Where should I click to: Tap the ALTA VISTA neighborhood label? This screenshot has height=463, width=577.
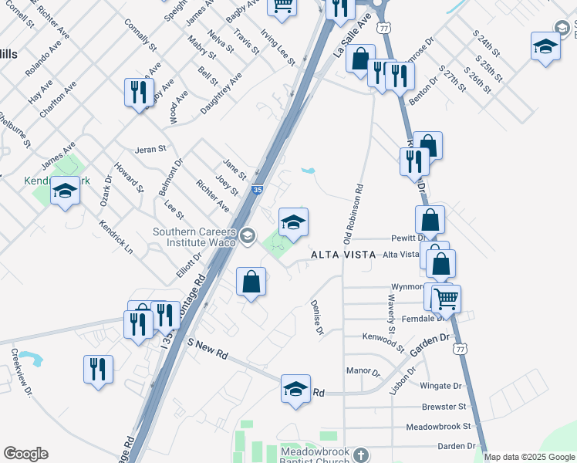pyautogui.click(x=342, y=255)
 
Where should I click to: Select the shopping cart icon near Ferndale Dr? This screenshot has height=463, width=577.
pyautogui.click(x=446, y=298)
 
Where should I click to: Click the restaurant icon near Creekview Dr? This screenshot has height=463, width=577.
pyautogui.click(x=99, y=369)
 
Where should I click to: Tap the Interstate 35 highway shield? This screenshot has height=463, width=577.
pyautogui.click(x=258, y=188)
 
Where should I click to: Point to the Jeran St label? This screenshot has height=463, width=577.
pyautogui.click(x=150, y=149)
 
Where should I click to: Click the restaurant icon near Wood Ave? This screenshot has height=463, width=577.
pyautogui.click(x=139, y=93)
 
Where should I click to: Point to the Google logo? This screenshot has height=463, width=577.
pyautogui.click(x=25, y=454)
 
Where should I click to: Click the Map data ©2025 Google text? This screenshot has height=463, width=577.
pyautogui.click(x=529, y=457)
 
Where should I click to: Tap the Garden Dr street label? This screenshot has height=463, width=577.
pyautogui.click(x=429, y=344)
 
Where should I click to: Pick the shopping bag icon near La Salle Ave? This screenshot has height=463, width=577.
pyautogui.click(x=359, y=59)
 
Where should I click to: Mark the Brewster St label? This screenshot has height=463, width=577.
pyautogui.click(x=444, y=407)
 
